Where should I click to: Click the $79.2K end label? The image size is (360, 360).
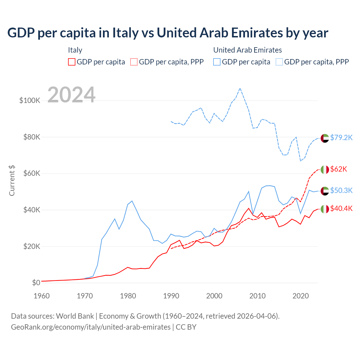pyautogui.click(x=341, y=138)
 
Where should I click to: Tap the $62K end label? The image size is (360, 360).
pyautogui.click(x=339, y=169)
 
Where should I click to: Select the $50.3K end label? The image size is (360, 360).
pyautogui.click(x=341, y=190)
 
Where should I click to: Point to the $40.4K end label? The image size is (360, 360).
pyautogui.click(x=341, y=208)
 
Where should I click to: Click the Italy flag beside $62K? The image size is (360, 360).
pyautogui.click(x=325, y=170)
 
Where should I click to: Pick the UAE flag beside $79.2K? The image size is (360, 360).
pyautogui.click(x=325, y=138)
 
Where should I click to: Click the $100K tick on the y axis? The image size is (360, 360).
pyautogui.click(x=30, y=100)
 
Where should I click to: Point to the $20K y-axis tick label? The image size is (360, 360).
pyautogui.click(x=31, y=247)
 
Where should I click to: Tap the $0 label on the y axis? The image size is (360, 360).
pyautogui.click(x=36, y=283)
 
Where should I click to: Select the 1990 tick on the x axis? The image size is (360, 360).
pyautogui.click(x=171, y=296)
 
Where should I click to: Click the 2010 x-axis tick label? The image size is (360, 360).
pyautogui.click(x=257, y=296)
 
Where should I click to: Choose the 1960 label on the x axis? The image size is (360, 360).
pyautogui.click(x=42, y=296)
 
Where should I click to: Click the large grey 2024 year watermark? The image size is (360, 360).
pyautogui.click(x=71, y=95)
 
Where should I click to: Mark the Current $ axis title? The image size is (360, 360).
pyautogui.click(x=12, y=181)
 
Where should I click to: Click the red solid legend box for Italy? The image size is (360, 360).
pyautogui.click(x=72, y=62)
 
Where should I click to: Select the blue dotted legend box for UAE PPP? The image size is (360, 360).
pyautogui.click(x=279, y=62)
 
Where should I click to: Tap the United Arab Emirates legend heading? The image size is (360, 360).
pyautogui.click(x=247, y=50)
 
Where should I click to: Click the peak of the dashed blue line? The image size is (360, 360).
pyautogui.click(x=240, y=88)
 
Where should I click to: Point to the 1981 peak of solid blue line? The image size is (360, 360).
pyautogui.click(x=132, y=201)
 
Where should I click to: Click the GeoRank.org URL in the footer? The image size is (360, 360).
pyautogui.click(x=91, y=327)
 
